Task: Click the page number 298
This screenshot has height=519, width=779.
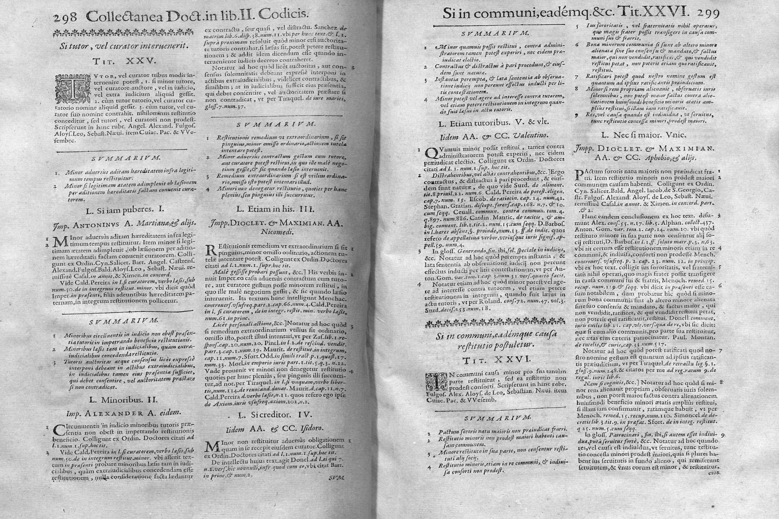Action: [x=65, y=16]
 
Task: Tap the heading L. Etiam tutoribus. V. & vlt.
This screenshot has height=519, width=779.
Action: [x=487, y=124]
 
